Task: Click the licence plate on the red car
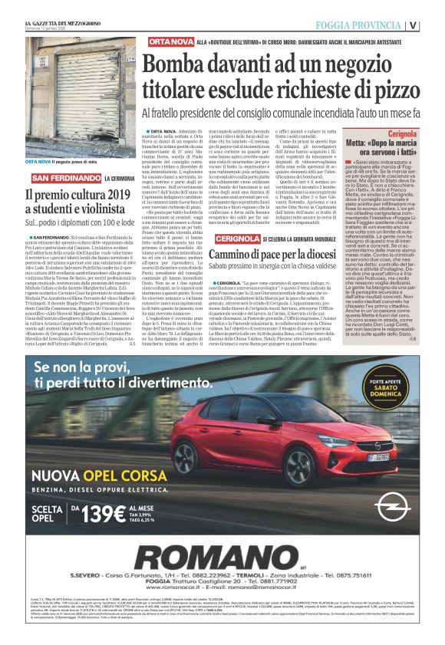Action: [x=329, y=435]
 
